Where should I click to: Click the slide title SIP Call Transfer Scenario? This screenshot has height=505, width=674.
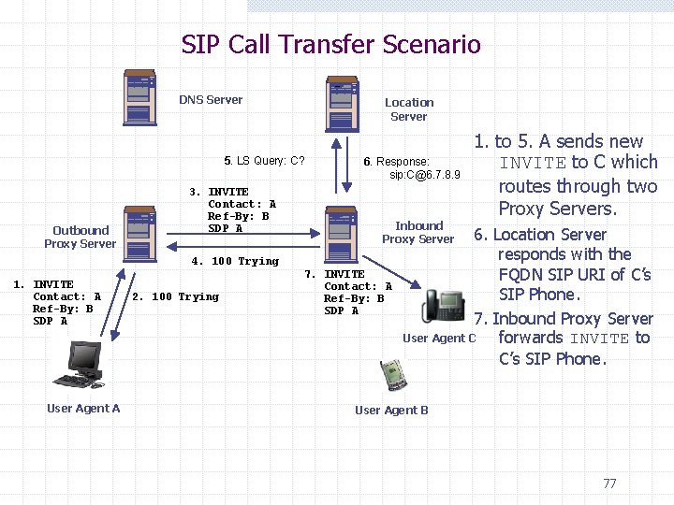coord(330,44)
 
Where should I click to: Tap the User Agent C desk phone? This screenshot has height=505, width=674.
coord(443,305)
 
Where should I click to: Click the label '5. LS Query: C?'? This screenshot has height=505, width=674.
coord(265,161)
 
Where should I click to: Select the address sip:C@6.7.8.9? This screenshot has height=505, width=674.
coord(424,175)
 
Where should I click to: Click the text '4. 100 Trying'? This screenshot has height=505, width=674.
coord(235,262)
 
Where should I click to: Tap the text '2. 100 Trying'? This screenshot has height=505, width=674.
coord(175,297)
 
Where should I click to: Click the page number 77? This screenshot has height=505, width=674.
coord(609,483)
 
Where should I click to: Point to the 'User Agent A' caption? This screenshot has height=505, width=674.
coord(83,409)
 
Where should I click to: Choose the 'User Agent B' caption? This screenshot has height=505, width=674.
coord(391,411)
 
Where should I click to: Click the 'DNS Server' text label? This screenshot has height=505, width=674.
coord(211,100)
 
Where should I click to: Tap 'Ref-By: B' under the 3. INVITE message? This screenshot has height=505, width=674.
coord(238,217)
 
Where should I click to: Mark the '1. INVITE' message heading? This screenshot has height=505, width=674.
coord(44,285)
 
